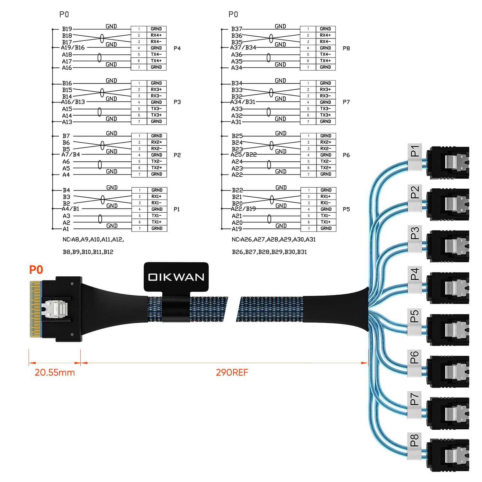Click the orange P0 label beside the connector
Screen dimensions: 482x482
tap(36, 270)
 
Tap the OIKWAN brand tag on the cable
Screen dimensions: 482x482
tap(176, 277)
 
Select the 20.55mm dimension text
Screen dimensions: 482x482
tap(55, 372)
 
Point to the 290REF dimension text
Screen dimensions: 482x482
tap(232, 372)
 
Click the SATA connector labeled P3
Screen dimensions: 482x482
tap(448, 246)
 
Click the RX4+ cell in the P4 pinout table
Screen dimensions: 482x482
tap(156, 35)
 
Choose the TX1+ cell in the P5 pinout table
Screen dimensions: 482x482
tap(326, 222)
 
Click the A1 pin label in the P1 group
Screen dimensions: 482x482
tap(66, 229)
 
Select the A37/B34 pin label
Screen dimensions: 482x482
tap(243, 48)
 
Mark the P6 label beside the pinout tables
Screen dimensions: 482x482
tap(346, 155)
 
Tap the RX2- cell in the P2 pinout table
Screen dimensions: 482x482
tap(156, 149)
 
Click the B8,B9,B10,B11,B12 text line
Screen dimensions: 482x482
tap(88, 252)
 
